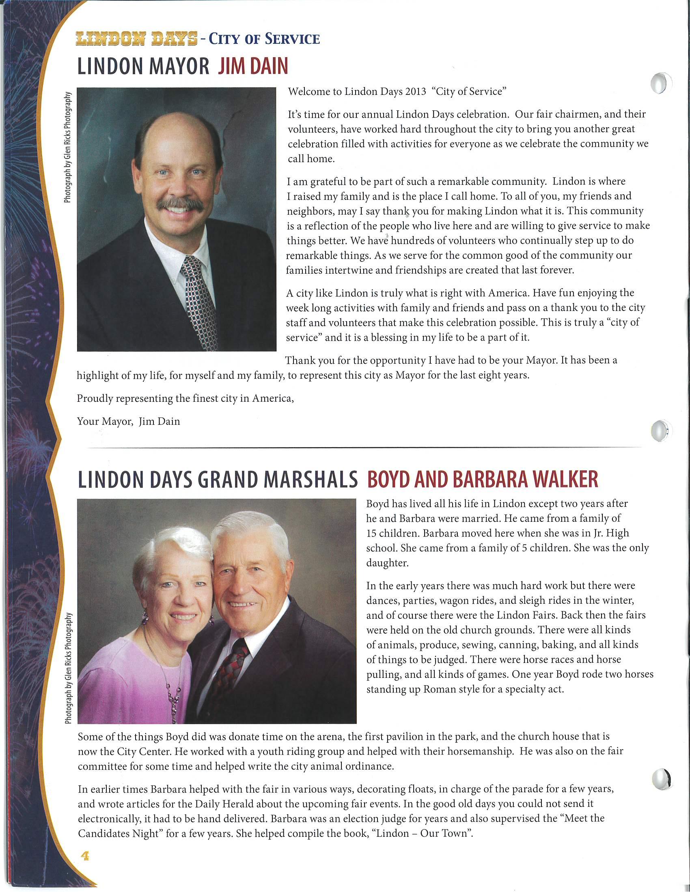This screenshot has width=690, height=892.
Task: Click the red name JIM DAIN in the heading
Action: (253, 66)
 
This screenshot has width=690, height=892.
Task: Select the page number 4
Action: (85, 856)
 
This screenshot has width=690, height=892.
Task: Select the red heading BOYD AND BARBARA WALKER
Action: (482, 480)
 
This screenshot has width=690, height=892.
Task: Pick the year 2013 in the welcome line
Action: (416, 92)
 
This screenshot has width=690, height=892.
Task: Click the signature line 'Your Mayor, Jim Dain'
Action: (128, 421)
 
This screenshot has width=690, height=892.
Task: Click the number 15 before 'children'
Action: (371, 534)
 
